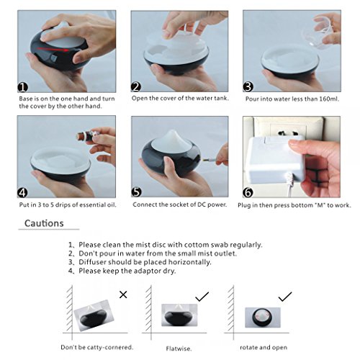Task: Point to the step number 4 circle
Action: tap(24, 193)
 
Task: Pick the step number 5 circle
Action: tap(137, 193)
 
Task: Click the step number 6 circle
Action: tap(248, 193)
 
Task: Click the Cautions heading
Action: tap(44, 223)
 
